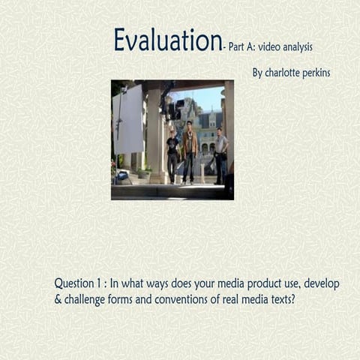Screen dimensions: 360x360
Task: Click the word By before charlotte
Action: point(257,73)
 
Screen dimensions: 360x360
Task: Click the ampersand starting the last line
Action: point(58,299)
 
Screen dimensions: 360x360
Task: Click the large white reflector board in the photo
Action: point(128,118)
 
